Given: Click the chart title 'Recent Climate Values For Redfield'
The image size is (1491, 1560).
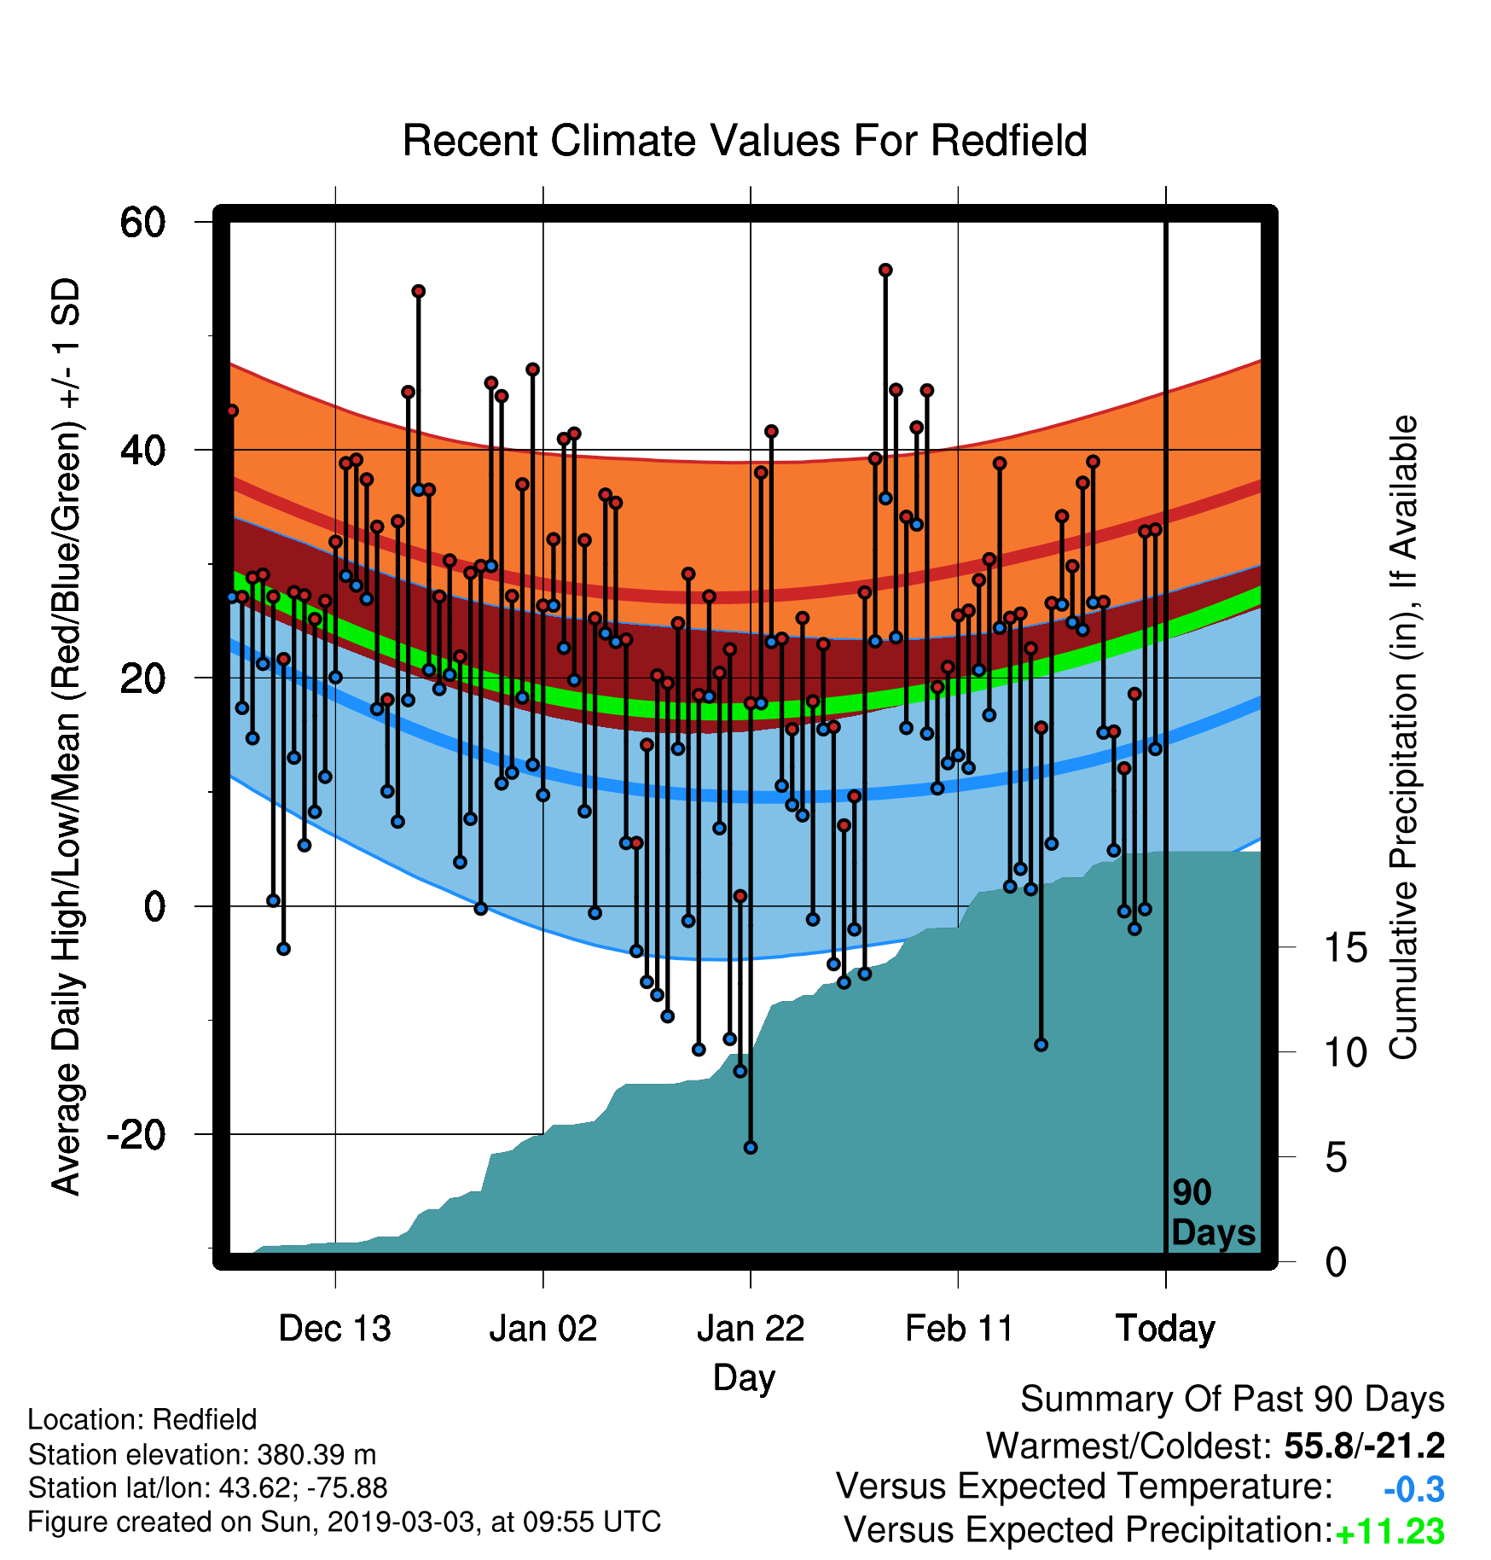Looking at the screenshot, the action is (x=745, y=141).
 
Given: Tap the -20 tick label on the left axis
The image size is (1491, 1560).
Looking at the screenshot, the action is (x=136, y=1134).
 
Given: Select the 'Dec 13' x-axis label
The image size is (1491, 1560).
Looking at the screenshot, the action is (x=335, y=1329).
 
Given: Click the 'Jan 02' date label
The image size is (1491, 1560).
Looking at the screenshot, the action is (x=543, y=1329).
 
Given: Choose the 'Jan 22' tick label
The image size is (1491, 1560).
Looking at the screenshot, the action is (x=751, y=1329).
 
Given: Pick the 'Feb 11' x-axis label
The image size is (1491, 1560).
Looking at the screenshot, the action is (x=959, y=1329).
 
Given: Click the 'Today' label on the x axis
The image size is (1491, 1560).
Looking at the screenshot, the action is (x=1166, y=1329).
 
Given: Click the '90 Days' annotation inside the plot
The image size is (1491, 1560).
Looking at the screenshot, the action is (x=1213, y=1213).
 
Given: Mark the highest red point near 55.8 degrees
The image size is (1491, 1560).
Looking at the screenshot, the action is (x=885, y=270).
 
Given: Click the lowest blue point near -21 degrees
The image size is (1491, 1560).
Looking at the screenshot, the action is (x=751, y=1148).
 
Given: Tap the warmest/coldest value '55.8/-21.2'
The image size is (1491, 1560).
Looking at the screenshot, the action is (x=1365, y=1446).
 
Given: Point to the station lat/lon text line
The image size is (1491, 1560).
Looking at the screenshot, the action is (x=208, y=1488).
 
